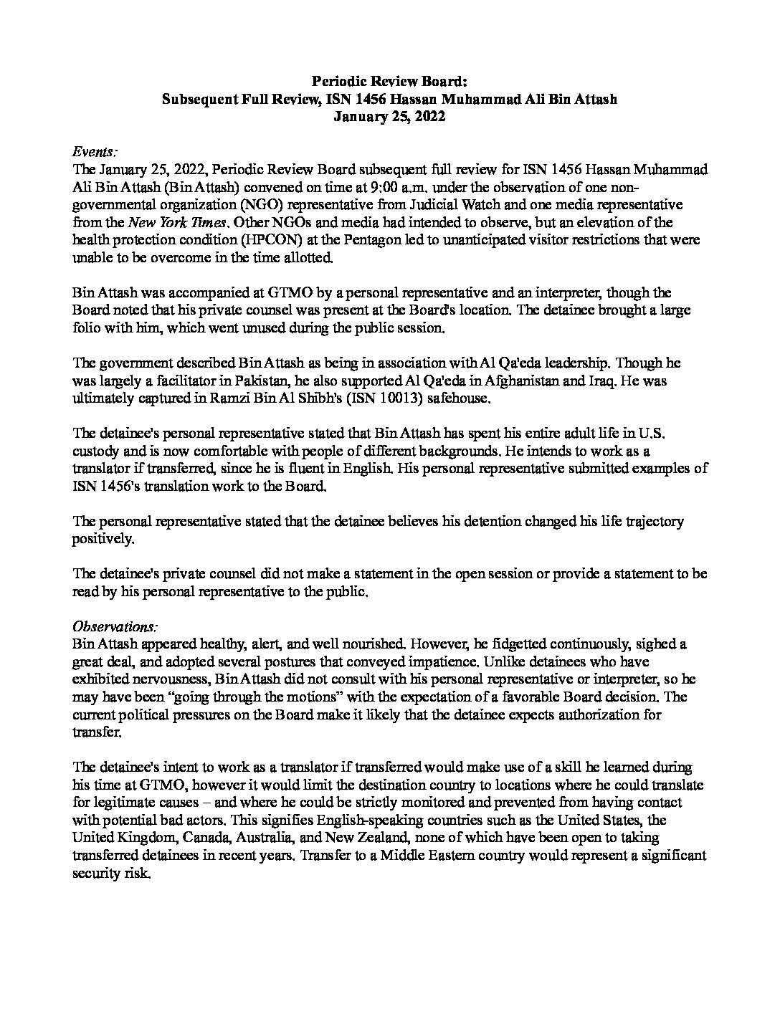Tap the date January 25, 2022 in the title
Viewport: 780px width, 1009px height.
coord(389,118)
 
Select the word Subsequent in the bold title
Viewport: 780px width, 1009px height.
coord(204,100)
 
